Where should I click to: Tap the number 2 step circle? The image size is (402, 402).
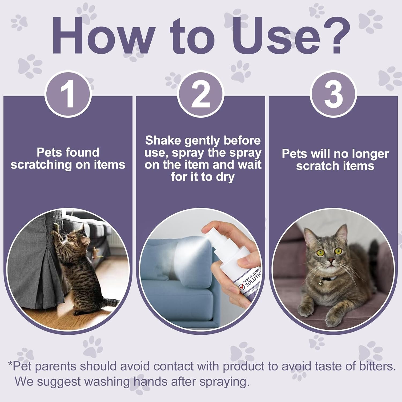(200, 95)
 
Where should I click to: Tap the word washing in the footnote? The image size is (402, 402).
(107, 382)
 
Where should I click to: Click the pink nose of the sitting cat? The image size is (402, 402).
(332, 260)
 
